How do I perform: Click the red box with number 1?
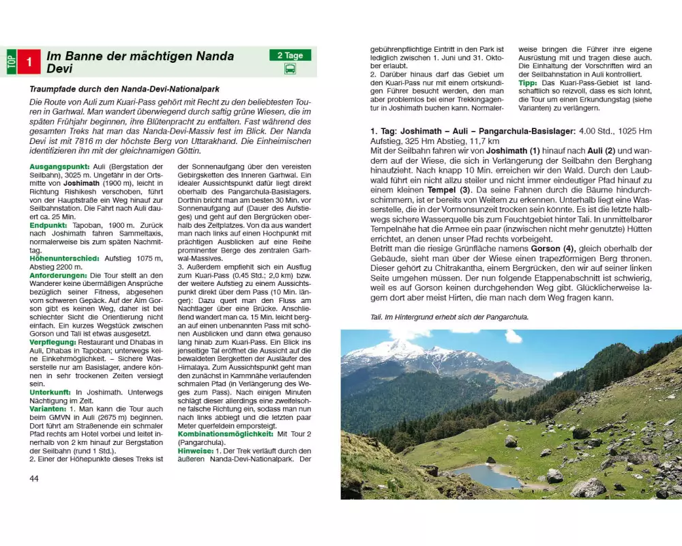29,61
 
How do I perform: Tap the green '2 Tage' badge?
289,55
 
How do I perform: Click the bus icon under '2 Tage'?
289,69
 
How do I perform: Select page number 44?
34,478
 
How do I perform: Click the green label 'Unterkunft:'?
50,392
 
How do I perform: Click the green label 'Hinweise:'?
195,450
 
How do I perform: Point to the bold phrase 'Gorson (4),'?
551,248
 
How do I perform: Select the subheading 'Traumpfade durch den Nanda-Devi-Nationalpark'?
125,89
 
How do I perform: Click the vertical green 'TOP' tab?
10,61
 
